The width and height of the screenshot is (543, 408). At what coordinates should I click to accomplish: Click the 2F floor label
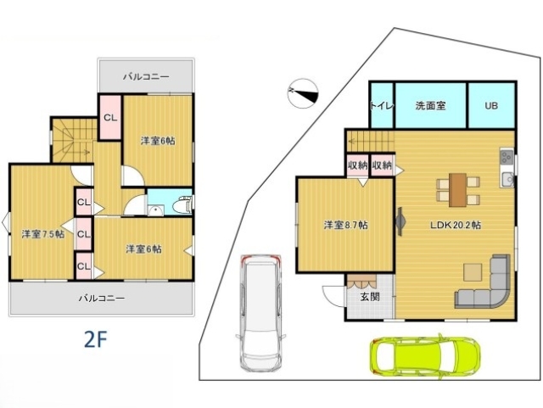(94, 338)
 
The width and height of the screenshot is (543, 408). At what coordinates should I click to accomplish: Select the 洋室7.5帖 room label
(42, 233)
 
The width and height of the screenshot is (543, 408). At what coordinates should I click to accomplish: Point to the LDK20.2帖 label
(456, 226)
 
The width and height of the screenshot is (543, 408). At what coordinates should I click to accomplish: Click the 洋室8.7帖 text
(345, 226)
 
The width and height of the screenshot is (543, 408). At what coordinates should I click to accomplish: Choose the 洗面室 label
(430, 106)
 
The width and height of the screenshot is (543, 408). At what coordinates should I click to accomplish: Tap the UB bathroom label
(491, 106)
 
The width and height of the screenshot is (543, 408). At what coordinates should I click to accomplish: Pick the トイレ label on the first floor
(380, 106)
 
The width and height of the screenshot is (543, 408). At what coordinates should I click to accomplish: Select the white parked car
(262, 311)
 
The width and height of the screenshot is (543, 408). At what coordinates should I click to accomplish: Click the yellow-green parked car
(425, 356)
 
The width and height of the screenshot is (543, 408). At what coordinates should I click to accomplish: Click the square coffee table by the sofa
(472, 271)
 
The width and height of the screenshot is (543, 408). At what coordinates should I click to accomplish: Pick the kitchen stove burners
(507, 158)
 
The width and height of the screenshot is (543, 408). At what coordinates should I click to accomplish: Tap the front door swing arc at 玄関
(333, 295)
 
